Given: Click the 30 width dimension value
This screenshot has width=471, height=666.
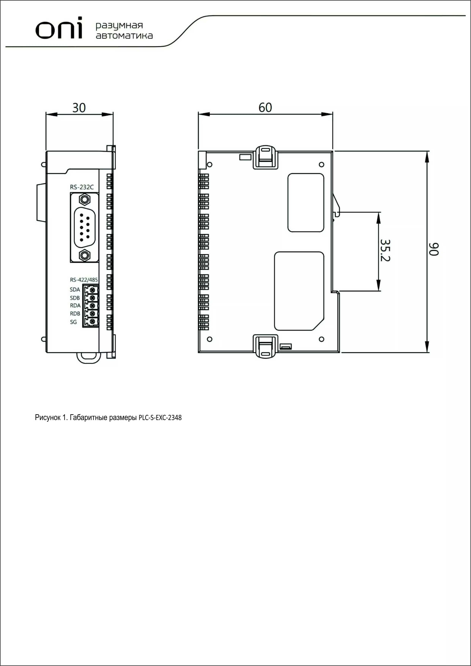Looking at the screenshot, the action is [x=79, y=108].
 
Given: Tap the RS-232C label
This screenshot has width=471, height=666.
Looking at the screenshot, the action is [x=82, y=187].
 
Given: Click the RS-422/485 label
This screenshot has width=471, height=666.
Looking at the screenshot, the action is [x=84, y=280].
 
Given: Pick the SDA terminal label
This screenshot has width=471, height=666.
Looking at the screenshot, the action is [x=75, y=290].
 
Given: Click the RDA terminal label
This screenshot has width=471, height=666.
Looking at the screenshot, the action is [x=75, y=306].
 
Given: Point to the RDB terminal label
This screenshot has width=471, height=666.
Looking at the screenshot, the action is [x=75, y=314].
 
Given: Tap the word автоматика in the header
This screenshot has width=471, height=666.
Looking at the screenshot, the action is [x=124, y=36].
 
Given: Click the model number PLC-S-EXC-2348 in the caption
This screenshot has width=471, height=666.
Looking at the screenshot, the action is [x=160, y=418].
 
